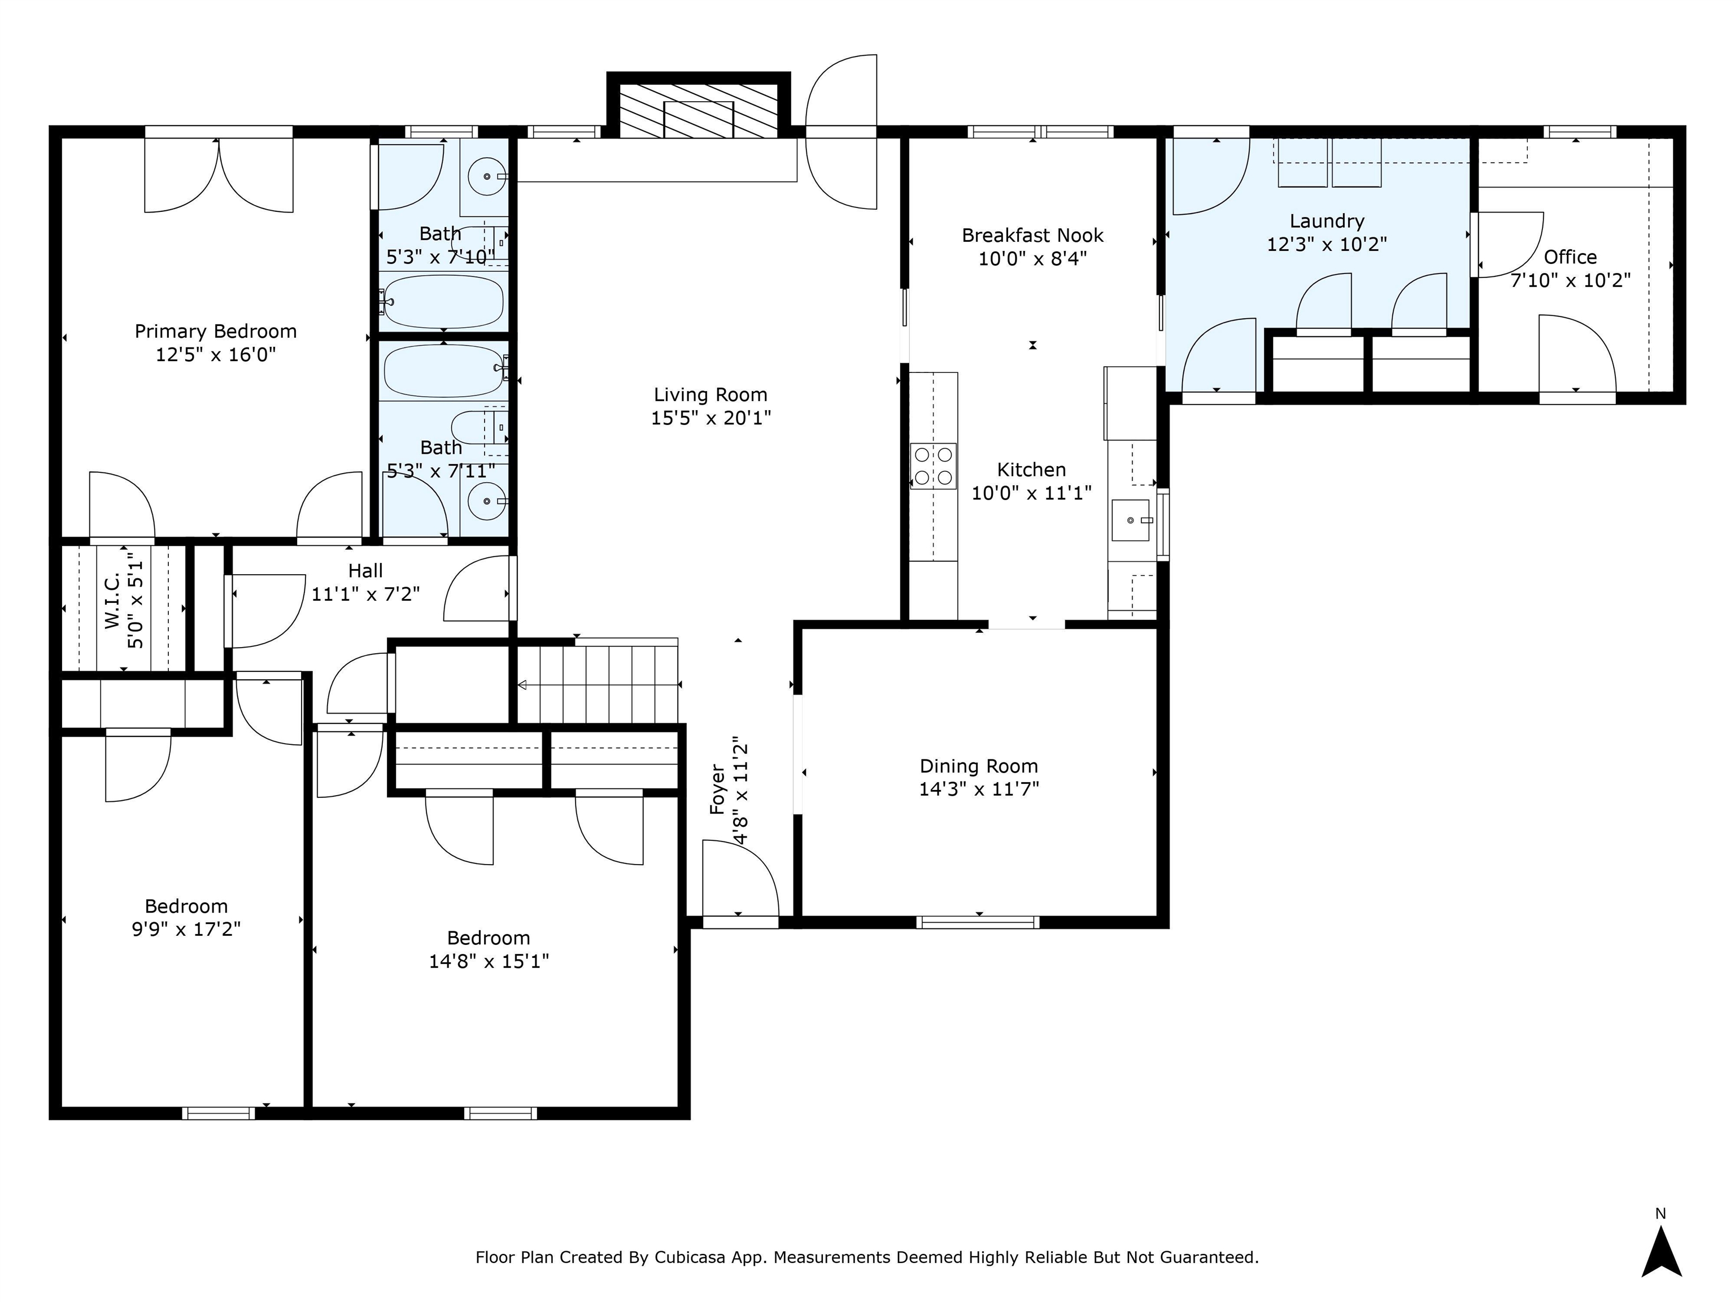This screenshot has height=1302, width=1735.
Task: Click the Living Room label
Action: pos(710,395)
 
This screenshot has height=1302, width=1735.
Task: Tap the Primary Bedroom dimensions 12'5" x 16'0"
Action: pos(216,355)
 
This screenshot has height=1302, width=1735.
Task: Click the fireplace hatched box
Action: pos(699,111)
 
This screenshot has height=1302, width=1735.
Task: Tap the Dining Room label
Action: pos(979,766)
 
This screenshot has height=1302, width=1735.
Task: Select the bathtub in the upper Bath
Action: pos(444,301)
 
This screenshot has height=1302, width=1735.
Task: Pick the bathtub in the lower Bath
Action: pos(444,371)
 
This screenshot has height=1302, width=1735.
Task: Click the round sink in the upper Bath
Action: pos(487,176)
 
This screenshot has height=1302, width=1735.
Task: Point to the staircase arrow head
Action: pos(522,685)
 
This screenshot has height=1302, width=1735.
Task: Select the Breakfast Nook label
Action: pos(1033,236)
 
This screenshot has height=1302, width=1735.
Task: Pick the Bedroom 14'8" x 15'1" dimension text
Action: pos(489,961)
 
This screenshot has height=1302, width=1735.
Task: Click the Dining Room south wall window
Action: pos(978,922)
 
